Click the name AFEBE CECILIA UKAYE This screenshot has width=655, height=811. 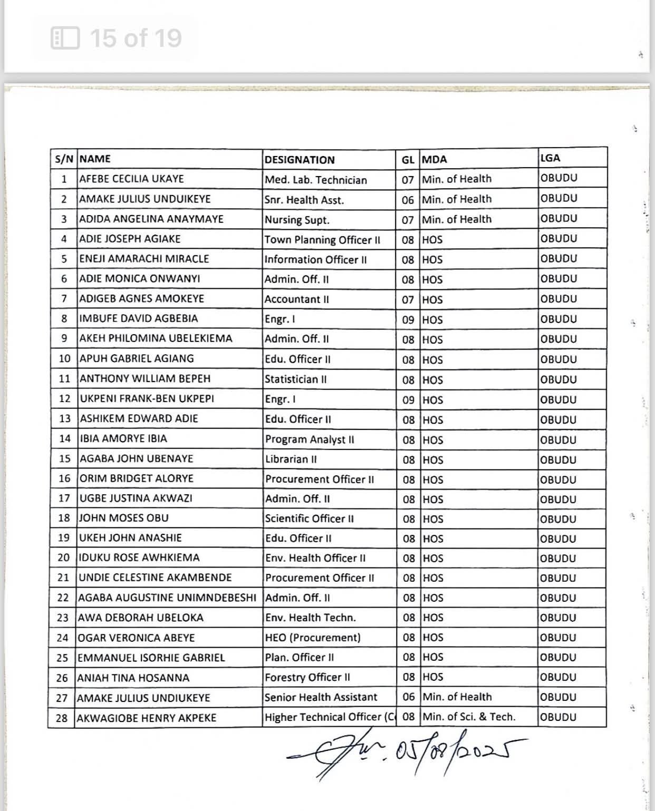(131, 179)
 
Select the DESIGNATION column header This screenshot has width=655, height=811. (300, 160)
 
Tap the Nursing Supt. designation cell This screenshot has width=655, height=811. (297, 220)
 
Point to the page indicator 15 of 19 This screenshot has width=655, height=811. (136, 38)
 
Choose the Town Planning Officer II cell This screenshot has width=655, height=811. (322, 240)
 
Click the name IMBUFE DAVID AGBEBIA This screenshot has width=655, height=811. (139, 318)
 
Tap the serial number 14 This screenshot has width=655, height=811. (64, 438)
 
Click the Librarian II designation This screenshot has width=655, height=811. (291, 459)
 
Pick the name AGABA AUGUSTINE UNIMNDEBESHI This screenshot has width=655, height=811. (167, 598)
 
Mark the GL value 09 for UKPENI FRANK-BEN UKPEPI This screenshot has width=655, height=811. (408, 399)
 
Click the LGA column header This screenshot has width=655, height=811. (550, 158)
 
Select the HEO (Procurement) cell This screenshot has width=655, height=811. (313, 638)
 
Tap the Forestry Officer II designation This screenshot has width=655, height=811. (307, 677)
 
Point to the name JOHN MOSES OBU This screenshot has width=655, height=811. (124, 518)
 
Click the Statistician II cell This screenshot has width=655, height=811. (296, 379)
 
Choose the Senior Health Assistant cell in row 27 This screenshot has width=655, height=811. (321, 697)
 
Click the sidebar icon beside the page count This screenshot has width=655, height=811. (65, 38)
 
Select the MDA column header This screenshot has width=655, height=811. (434, 159)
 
